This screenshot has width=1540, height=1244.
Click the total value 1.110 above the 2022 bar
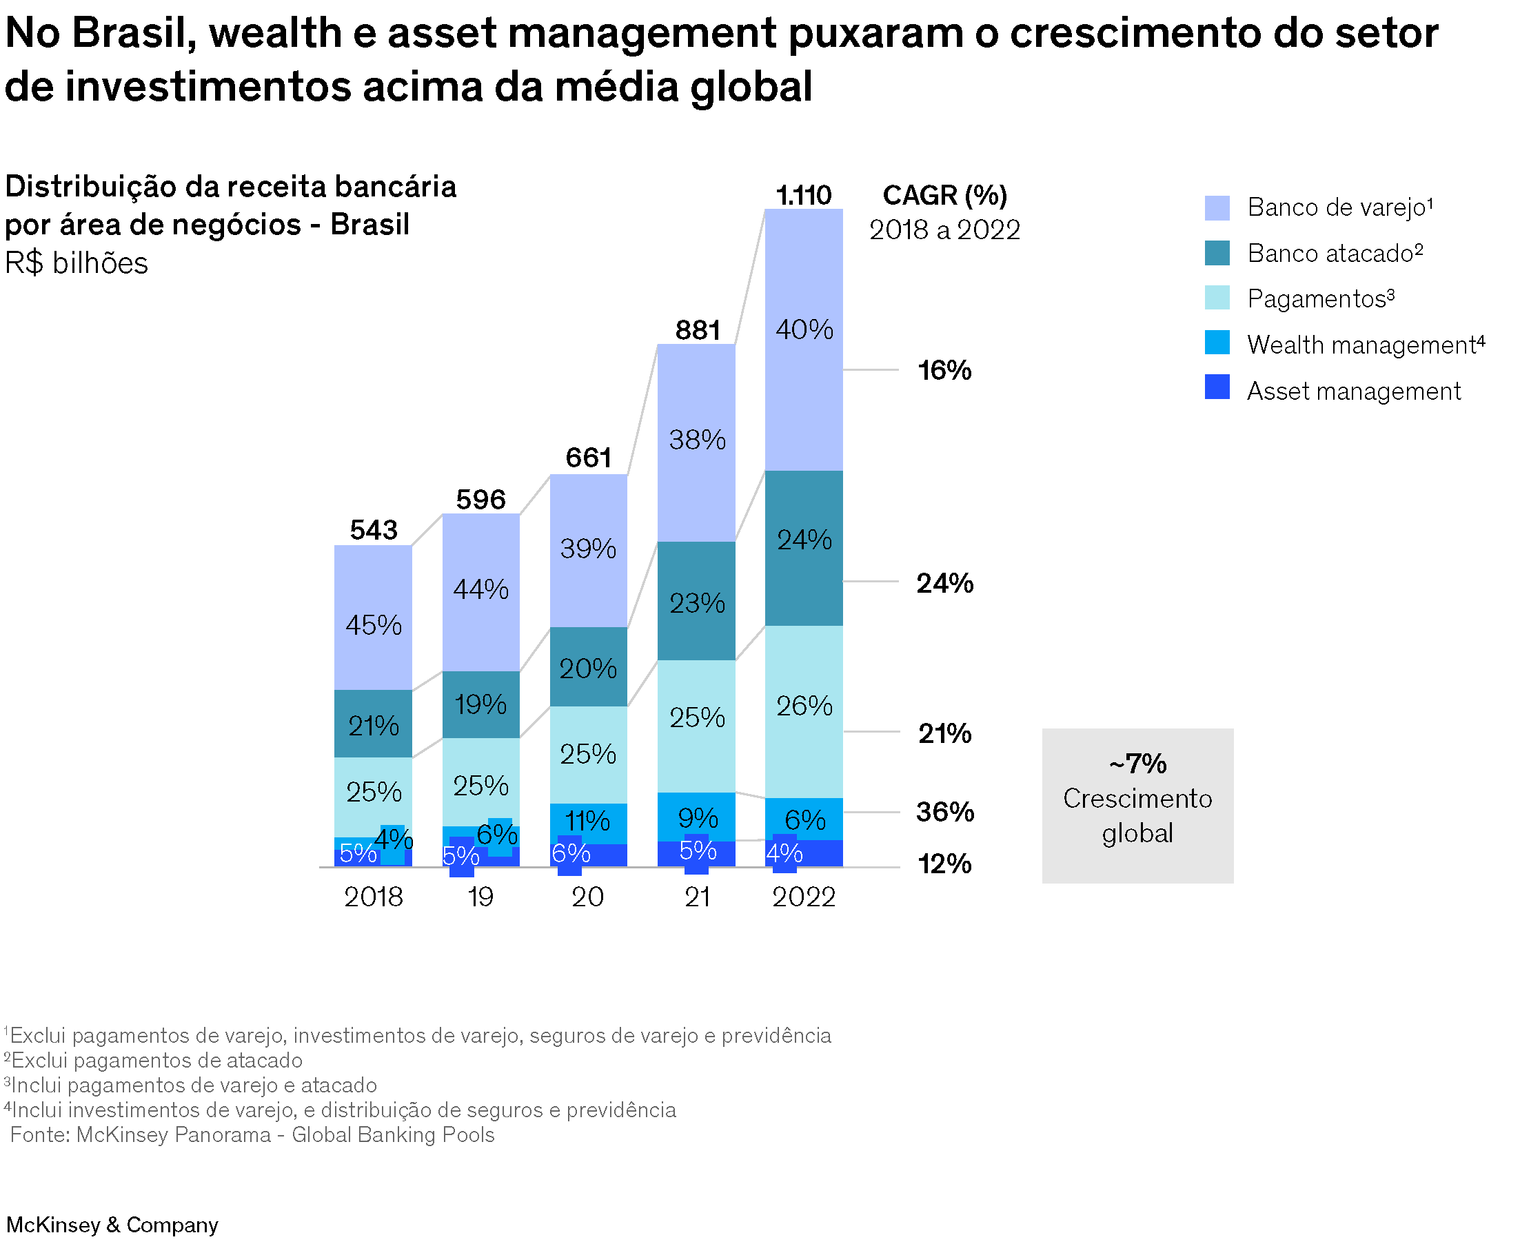(x=803, y=195)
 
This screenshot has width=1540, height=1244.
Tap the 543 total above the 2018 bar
(x=374, y=529)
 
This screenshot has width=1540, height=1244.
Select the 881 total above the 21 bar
(x=697, y=329)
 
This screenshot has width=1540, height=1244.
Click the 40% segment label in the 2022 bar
(x=804, y=329)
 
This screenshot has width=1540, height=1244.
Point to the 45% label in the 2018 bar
(x=374, y=625)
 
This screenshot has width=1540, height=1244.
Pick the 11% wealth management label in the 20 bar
(x=587, y=821)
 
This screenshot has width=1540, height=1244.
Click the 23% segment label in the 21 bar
(x=697, y=602)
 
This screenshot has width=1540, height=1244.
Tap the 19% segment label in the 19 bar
(x=480, y=704)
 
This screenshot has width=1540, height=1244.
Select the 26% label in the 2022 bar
(x=804, y=706)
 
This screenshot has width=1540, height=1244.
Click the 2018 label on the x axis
(x=374, y=897)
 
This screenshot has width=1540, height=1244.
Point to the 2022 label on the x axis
(x=803, y=897)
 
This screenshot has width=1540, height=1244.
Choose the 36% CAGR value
(x=944, y=812)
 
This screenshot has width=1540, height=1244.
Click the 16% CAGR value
(x=944, y=371)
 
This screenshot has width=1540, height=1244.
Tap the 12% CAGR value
(x=944, y=864)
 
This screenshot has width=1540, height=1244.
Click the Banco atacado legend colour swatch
(x=1217, y=253)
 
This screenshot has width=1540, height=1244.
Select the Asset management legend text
(x=1353, y=391)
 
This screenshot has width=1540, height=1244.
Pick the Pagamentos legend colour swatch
(x=1217, y=297)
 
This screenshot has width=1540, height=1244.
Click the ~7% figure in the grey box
(x=1137, y=763)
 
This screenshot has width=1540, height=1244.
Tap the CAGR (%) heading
(x=944, y=195)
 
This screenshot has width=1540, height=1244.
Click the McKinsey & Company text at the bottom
(x=112, y=1225)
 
